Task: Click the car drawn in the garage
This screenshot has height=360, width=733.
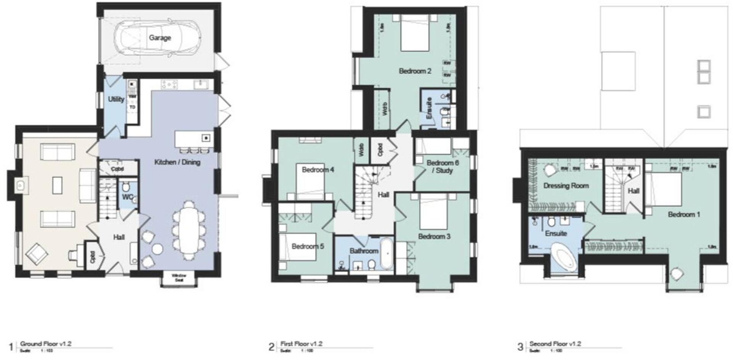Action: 158,38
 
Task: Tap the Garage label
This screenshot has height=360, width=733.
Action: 160,38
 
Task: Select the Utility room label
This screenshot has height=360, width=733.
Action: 116,99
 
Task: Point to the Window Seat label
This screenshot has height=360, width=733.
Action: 179,278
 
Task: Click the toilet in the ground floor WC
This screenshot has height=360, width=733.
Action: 126,187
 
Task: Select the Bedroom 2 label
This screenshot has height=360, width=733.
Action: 415,71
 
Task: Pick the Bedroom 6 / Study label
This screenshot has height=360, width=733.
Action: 443,167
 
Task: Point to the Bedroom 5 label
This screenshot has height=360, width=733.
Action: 308,246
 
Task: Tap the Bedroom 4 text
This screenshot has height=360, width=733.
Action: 318,170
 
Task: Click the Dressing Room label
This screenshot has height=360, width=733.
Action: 566,186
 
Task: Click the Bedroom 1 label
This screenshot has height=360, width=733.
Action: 684,214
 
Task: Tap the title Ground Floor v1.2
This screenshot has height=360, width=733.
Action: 46,344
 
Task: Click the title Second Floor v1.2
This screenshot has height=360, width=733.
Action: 555,344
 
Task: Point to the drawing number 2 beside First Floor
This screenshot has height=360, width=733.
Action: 271,347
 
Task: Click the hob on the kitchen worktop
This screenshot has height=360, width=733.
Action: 169,84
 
